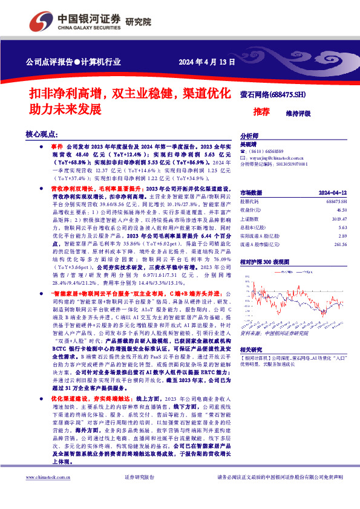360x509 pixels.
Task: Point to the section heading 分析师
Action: tap(250, 137)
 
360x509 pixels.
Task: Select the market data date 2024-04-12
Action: tap(332, 191)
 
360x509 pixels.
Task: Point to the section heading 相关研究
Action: tap(252, 349)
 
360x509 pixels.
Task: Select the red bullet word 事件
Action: tap(57, 147)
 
